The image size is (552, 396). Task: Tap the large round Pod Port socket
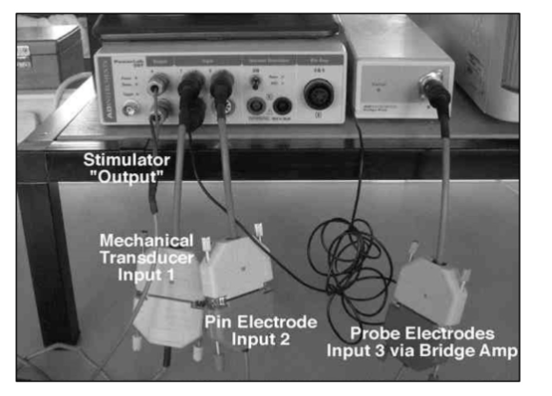point(313,94)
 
